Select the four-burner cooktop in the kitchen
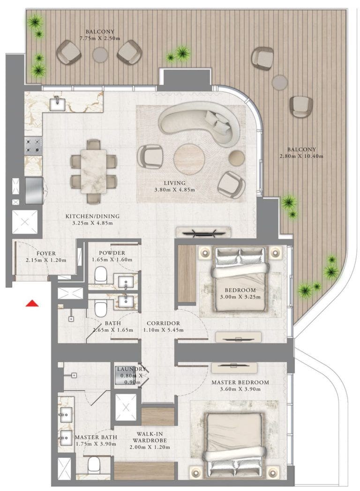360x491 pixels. tap(34, 146)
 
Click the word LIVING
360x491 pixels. tap(175, 183)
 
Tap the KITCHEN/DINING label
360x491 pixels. tap(92, 216)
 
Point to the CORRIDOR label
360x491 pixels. tap(163, 323)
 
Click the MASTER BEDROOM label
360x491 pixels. tap(240, 382)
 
